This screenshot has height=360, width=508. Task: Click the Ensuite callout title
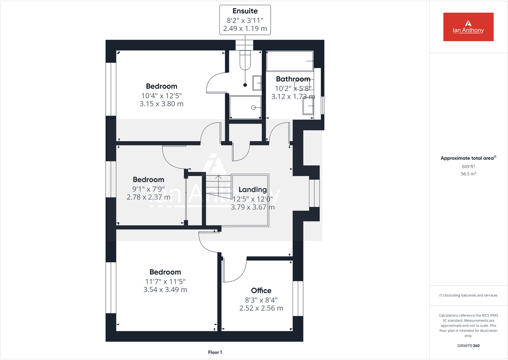(245, 11)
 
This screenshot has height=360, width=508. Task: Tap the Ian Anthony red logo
(468, 27)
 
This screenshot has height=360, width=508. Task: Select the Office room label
(261, 290)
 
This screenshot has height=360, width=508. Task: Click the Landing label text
(252, 189)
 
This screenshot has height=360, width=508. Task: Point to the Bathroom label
(293, 79)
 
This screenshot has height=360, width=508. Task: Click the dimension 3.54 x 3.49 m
(165, 290)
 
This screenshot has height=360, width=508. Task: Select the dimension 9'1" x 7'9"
(149, 189)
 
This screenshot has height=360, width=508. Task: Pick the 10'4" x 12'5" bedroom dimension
(161, 96)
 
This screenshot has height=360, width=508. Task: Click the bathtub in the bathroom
(289, 61)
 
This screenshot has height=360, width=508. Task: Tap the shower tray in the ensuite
(245, 108)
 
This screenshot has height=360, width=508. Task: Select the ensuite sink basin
(257, 83)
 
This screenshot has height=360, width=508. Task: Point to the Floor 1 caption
(215, 352)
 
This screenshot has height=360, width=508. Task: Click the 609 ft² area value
(468, 166)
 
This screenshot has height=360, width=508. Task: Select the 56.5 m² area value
(468, 174)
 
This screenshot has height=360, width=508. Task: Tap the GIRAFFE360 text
(468, 346)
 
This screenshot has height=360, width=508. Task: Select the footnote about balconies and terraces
(468, 295)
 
